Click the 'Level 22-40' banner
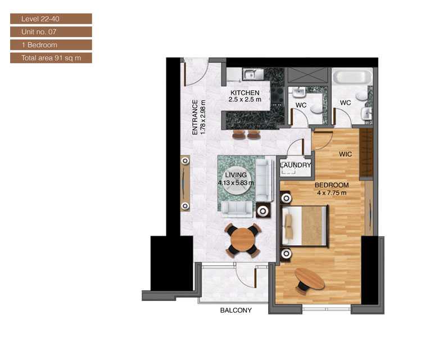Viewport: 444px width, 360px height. [x=51, y=19]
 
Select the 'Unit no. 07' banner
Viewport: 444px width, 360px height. [x=51, y=31]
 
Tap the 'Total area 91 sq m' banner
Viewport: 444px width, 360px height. [x=51, y=58]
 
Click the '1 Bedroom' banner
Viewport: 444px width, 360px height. [x=51, y=45]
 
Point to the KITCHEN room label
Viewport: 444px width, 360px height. [x=244, y=93]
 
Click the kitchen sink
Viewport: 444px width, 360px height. [x=253, y=74]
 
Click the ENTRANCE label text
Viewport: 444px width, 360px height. [x=195, y=118]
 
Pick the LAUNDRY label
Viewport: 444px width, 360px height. [x=295, y=165]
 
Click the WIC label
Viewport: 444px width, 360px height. [x=346, y=154]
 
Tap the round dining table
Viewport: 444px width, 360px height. [x=242, y=240]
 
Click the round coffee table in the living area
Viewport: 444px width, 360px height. [x=236, y=182]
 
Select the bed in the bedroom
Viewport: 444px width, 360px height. [x=305, y=226]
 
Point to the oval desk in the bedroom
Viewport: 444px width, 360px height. [x=310, y=278]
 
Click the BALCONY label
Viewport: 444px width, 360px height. [x=236, y=310]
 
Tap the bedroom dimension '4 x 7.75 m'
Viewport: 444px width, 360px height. [x=332, y=193]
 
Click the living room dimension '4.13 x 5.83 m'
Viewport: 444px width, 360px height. [x=236, y=183]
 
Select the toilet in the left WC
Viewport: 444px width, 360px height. [x=316, y=109]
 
